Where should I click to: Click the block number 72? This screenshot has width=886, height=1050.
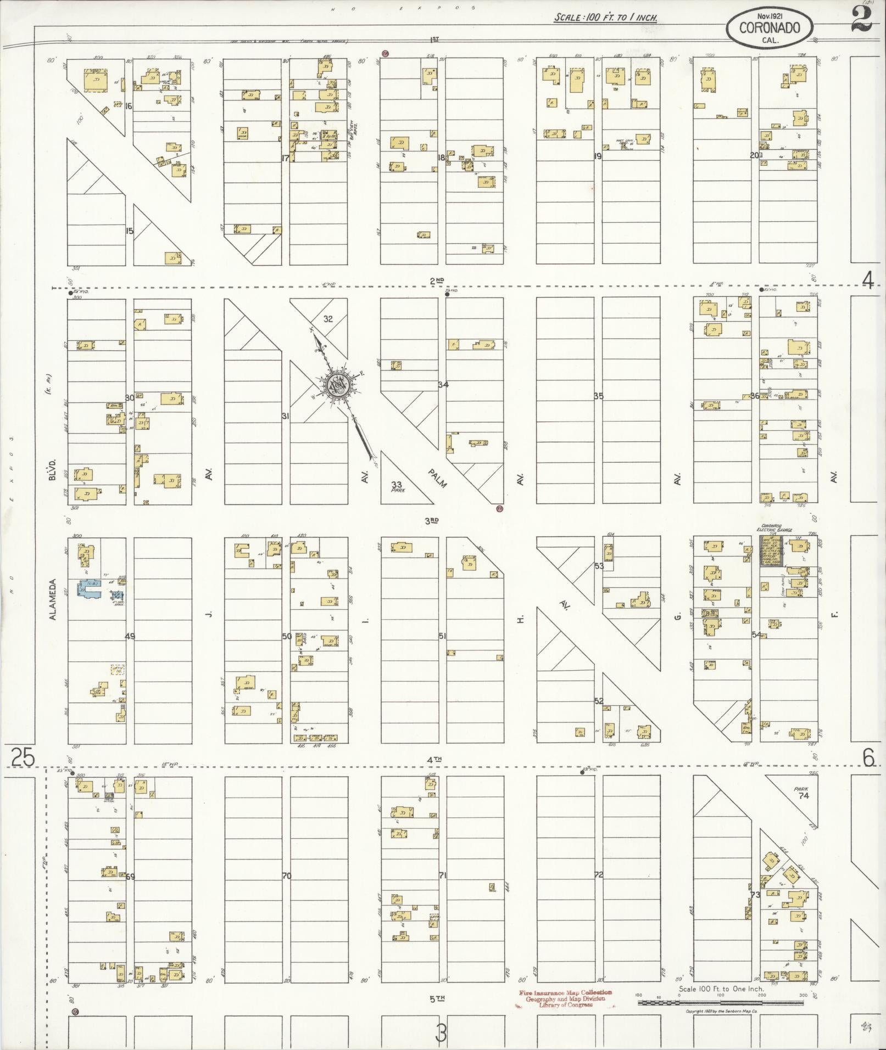598,874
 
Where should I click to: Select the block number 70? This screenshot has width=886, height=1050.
286,875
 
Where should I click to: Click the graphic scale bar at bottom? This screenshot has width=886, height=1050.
720,1003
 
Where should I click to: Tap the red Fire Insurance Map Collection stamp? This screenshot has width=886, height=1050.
565,998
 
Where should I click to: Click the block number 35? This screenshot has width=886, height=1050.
598,396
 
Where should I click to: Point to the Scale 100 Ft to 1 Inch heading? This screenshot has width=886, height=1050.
605,18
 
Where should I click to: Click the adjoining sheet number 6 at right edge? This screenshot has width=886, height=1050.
868,758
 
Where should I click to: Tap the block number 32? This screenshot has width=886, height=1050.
328,319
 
